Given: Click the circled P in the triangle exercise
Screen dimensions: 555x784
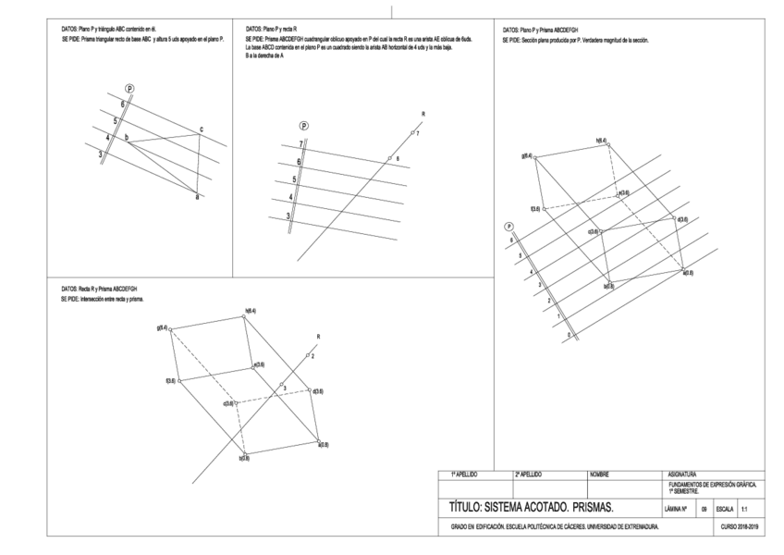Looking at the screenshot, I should (129, 88).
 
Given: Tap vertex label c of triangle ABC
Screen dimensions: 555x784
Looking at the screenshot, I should (202, 129).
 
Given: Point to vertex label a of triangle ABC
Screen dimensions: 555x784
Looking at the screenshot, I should (196, 196).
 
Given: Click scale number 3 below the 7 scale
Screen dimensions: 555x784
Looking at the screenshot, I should (288, 216).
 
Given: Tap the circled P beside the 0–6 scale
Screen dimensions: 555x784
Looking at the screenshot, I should (508, 227).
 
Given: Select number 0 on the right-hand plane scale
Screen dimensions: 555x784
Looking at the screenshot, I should (568, 334).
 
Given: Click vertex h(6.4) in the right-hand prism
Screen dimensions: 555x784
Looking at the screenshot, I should (602, 142).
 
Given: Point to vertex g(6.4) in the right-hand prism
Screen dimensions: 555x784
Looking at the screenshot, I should (528, 156).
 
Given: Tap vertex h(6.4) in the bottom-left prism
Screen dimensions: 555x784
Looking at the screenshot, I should (249, 311).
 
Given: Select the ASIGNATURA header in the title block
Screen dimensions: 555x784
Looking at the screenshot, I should (681, 474).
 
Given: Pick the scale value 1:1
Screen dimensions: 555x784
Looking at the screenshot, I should (745, 509).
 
